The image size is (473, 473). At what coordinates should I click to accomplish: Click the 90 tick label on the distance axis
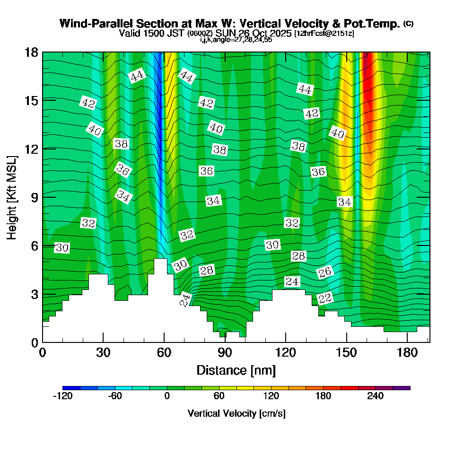[x=225, y=353]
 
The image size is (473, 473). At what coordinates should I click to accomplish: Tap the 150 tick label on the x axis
[x=346, y=353]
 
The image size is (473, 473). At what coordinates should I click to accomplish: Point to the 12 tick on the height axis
[x=32, y=149]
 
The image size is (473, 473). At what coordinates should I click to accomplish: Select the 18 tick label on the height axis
[x=32, y=52]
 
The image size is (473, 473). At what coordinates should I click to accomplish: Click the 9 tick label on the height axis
[x=35, y=197]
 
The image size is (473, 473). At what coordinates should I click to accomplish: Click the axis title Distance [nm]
[x=236, y=370]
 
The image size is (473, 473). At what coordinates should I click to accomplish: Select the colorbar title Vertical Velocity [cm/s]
[x=236, y=413]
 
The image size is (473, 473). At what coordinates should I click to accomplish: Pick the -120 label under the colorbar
[x=62, y=396]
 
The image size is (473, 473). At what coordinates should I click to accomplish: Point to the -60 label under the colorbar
[x=115, y=396]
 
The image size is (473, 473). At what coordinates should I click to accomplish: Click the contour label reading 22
[x=325, y=298]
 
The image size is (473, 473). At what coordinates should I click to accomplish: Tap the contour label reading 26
[x=325, y=272]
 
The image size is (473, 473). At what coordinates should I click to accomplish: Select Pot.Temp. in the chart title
[x=376, y=24]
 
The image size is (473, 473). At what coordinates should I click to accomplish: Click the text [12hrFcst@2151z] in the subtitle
[x=324, y=34]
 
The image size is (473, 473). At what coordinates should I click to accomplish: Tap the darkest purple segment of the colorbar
[x=402, y=388]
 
